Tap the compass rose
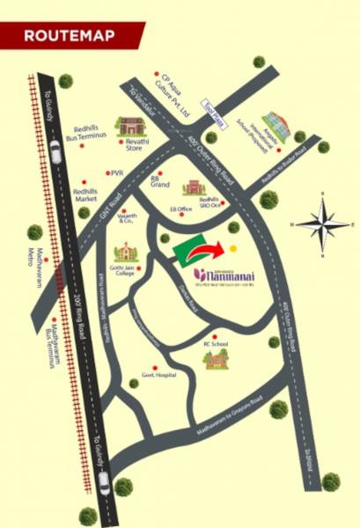(322, 224)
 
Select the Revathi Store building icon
(133, 128)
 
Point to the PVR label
(119, 173)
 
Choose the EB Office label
(181, 209)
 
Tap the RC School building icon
(216, 359)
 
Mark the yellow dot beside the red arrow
(233, 249)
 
